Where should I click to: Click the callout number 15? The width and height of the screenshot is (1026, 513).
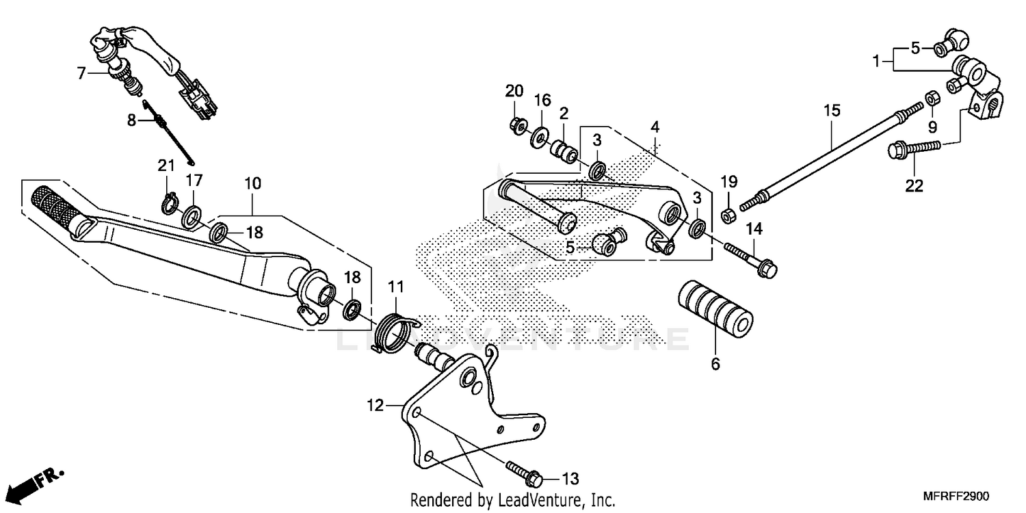831,110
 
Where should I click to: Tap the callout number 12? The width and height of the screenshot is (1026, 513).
376,406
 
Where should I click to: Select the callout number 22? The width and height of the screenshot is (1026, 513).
915,185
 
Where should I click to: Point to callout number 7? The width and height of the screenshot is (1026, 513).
81,73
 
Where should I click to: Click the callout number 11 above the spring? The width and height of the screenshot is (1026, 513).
397,286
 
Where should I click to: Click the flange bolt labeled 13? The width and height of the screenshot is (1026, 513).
525,471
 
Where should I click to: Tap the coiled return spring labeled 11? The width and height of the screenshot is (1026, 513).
395,328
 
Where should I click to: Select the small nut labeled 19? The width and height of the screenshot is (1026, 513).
729,216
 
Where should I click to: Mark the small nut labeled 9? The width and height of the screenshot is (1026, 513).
931,98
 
